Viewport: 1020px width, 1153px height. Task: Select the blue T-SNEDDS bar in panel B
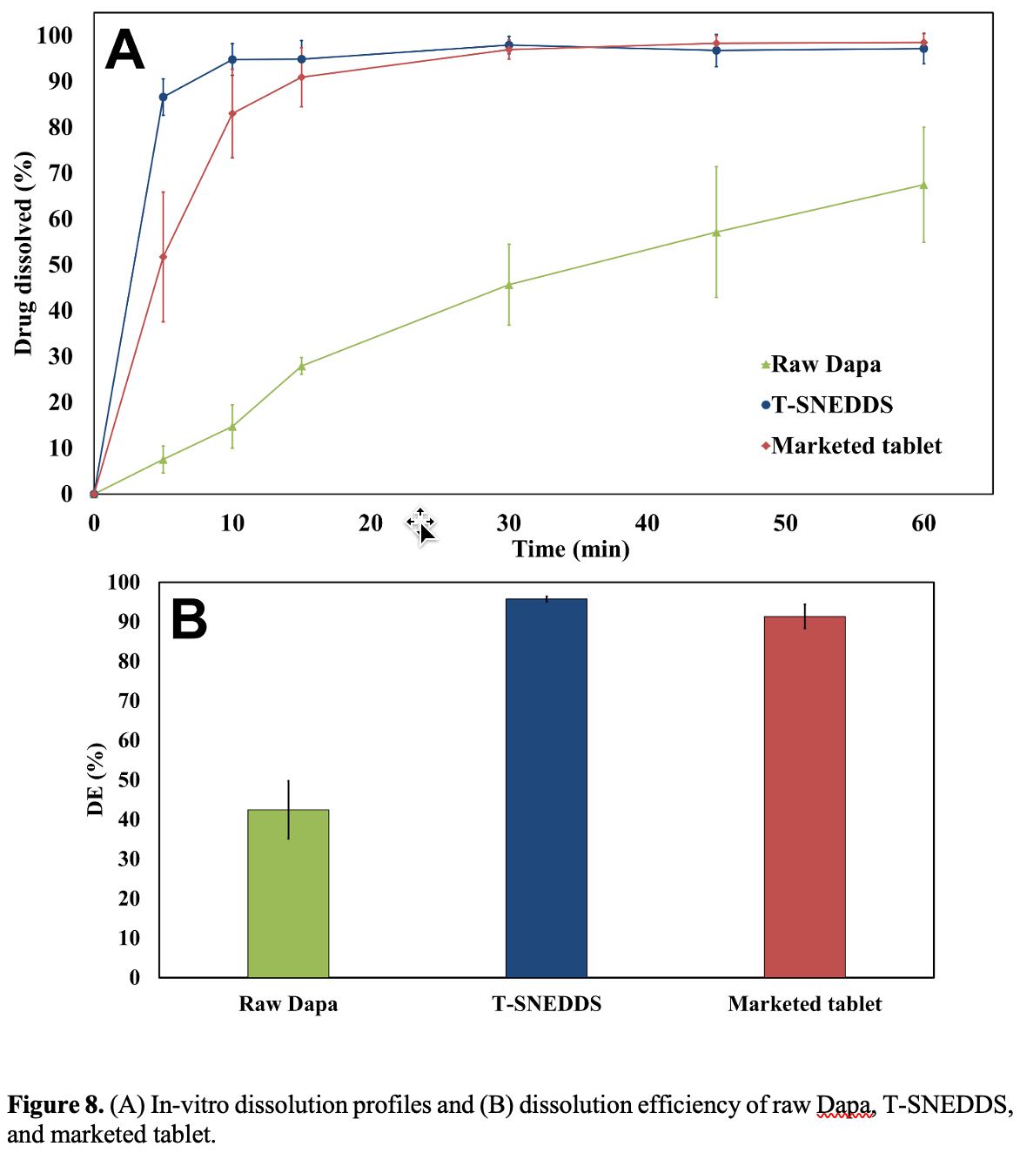pyautogui.click(x=546, y=787)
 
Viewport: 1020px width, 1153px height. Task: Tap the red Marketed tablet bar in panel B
pyautogui.click(x=804, y=796)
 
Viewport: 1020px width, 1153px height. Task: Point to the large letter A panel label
pyautogui.click(x=124, y=51)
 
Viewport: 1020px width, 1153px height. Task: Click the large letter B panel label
pyautogui.click(x=189, y=619)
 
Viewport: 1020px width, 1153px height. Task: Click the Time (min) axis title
pyautogui.click(x=571, y=549)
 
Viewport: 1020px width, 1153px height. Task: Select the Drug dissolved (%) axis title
pyautogui.click(x=23, y=253)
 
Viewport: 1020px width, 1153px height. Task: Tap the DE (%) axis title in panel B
pyautogui.click(x=96, y=779)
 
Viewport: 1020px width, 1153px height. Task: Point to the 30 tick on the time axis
pyautogui.click(x=509, y=523)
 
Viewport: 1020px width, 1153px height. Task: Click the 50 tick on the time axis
pyautogui.click(x=785, y=523)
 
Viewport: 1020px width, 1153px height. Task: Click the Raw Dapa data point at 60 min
pyautogui.click(x=923, y=185)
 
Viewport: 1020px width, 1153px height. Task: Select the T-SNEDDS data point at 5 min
pyautogui.click(x=163, y=97)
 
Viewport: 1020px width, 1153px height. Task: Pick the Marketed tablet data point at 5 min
pyautogui.click(x=163, y=257)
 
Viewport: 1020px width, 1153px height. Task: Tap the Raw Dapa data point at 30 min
pyautogui.click(x=509, y=285)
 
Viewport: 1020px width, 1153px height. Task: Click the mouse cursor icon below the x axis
pyautogui.click(x=422, y=526)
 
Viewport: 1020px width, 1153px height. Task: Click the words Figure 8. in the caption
pyautogui.click(x=55, y=1105)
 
